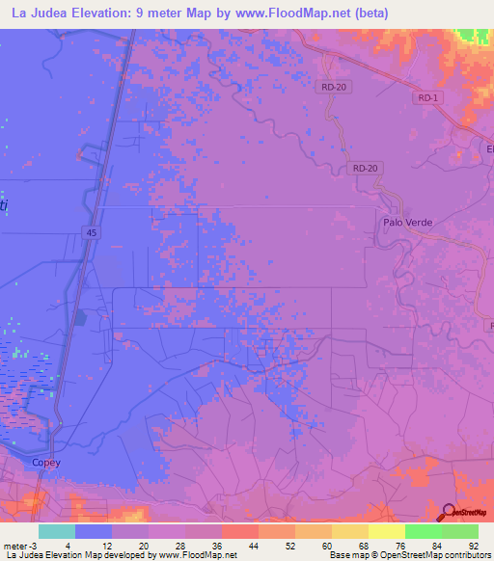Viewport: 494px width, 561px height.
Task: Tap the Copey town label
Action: pyautogui.click(x=46, y=463)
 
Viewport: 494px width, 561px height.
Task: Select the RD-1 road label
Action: pyautogui.click(x=427, y=98)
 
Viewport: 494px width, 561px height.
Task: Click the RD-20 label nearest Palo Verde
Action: pyautogui.click(x=366, y=168)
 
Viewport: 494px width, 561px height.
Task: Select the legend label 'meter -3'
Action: pyautogui.click(x=18, y=545)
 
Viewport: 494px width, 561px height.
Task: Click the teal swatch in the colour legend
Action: pyautogui.click(x=57, y=531)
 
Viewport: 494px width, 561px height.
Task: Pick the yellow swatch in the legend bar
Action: pyautogui.click(x=387, y=531)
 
